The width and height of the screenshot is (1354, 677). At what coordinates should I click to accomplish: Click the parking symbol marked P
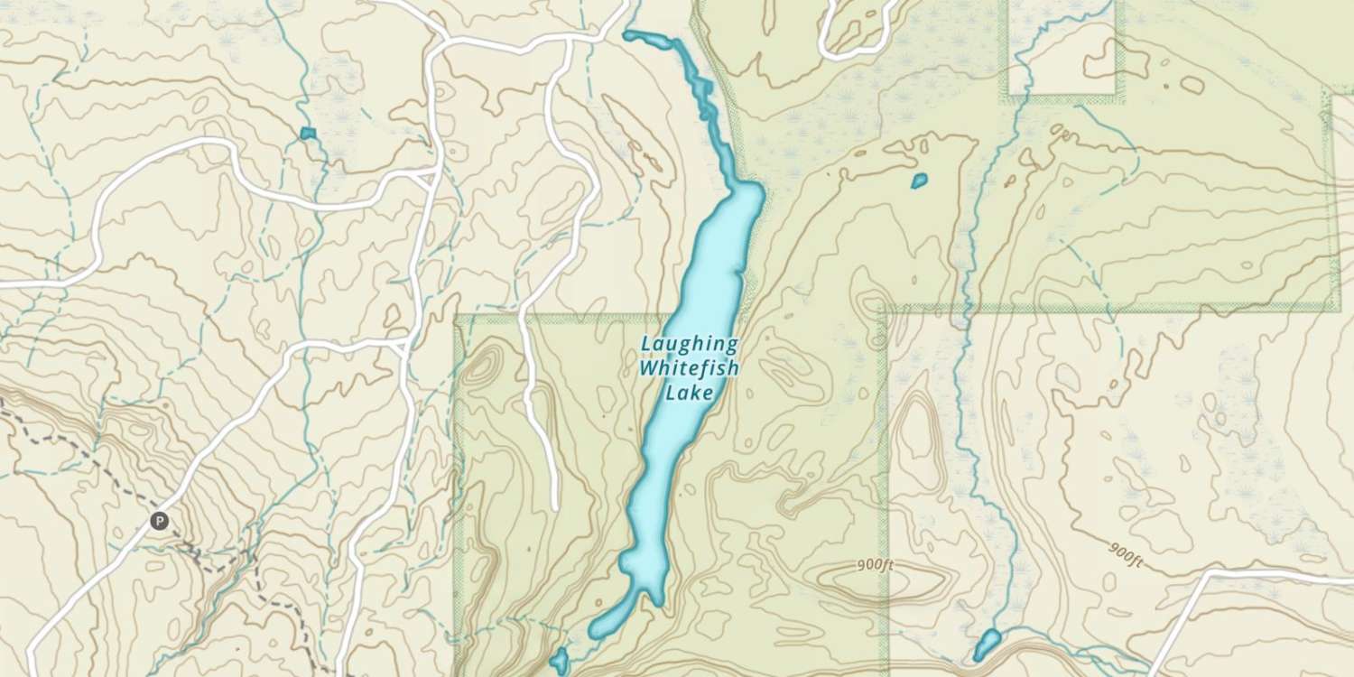159,520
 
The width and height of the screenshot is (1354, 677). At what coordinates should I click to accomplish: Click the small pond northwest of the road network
308,134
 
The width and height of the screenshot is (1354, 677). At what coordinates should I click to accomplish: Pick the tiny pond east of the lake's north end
919,181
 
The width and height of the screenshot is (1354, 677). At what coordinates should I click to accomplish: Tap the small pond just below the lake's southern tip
559,661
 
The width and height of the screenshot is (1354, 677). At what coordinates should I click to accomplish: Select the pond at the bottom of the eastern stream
987,645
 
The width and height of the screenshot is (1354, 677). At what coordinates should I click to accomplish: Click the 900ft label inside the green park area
875,566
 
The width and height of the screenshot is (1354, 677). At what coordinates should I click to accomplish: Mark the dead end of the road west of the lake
553,506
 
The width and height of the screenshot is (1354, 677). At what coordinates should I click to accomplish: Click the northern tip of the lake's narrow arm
628,35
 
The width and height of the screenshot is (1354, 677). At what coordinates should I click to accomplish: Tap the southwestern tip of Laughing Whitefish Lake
595,632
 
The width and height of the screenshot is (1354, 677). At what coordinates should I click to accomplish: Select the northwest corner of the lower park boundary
457,318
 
